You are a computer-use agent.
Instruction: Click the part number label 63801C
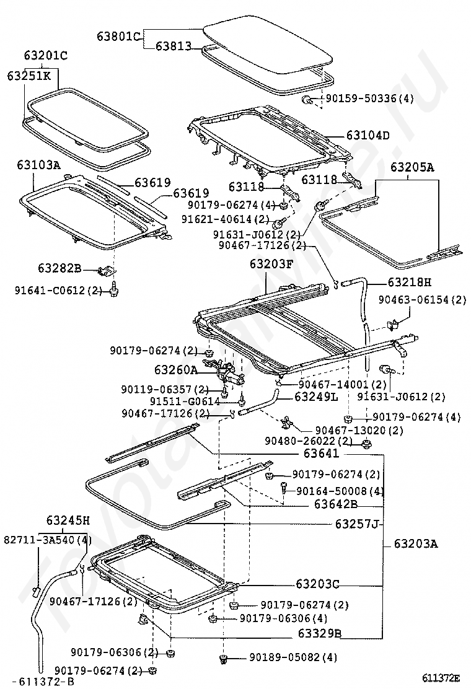(x=118, y=36)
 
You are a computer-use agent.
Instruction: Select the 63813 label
(x=173, y=46)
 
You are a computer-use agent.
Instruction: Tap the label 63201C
(x=45, y=56)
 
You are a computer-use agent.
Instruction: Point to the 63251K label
(x=29, y=76)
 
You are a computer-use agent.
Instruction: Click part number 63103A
(x=38, y=165)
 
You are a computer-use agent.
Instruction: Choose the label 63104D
(x=368, y=135)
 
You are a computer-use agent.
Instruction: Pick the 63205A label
(x=412, y=167)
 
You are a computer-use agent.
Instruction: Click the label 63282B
(x=59, y=268)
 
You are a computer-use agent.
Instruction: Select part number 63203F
(x=271, y=264)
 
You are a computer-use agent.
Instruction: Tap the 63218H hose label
(x=410, y=282)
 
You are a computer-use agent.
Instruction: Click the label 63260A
(x=176, y=369)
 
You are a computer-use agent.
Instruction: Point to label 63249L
(x=316, y=397)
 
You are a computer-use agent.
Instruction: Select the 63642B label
(x=336, y=504)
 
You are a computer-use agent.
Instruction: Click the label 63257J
(x=357, y=524)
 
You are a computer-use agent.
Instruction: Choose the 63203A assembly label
(x=416, y=544)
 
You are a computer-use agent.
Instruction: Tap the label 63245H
(x=68, y=520)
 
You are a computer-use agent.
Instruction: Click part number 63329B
(x=319, y=634)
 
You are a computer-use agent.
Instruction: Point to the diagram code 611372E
(x=441, y=677)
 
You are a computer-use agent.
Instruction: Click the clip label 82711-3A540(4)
(x=48, y=540)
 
